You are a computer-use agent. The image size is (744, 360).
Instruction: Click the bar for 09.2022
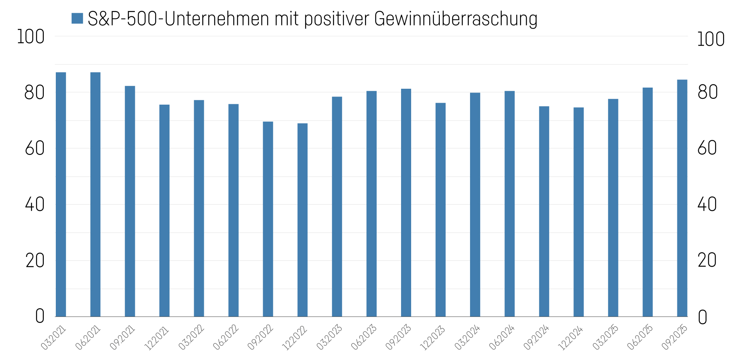268,219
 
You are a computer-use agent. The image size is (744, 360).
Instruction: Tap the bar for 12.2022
302,220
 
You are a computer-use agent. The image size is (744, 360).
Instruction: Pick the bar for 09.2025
682,198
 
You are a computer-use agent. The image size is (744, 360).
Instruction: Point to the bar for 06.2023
371,204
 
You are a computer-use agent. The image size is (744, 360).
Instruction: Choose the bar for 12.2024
579,212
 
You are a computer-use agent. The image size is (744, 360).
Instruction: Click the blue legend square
77,18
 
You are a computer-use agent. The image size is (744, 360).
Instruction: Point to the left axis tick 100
31,37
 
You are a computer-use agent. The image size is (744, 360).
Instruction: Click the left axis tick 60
35,149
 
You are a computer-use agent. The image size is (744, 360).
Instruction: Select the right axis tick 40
707,205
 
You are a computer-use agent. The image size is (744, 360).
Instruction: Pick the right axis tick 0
703,317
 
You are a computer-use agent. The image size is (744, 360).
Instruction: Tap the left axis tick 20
35,261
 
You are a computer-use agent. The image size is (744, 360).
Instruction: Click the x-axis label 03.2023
329,338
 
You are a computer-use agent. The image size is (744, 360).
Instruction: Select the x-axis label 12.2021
157,338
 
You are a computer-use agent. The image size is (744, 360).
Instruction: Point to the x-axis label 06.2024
502,338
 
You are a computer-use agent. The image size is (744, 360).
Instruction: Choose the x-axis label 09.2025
675,338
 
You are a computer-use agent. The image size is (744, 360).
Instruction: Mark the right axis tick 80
707,92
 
